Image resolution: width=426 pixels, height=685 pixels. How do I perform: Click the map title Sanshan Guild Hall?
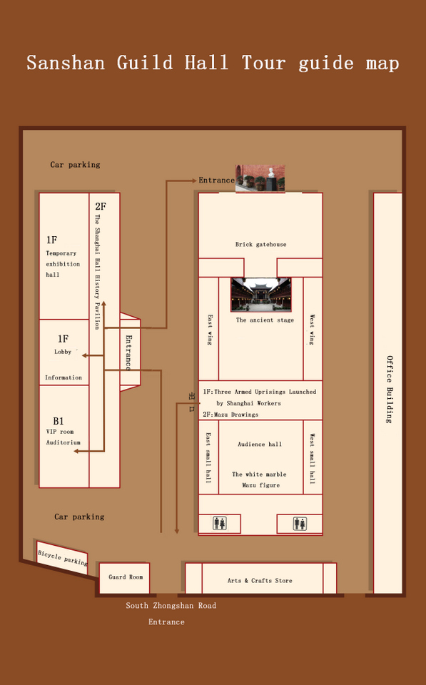pos(213,63)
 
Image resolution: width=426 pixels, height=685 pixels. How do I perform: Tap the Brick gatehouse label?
pos(260,245)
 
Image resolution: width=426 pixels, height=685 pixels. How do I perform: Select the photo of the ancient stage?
pos(260,295)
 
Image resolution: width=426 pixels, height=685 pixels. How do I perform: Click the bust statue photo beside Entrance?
pos(260,178)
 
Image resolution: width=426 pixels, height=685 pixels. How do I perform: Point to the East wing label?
pos(209,330)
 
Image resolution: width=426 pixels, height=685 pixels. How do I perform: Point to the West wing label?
pos(312,330)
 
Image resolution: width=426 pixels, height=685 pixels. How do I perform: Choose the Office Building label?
pos(390,390)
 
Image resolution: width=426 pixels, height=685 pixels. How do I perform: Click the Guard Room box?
pos(125,577)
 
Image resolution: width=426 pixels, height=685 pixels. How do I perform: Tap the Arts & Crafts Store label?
pos(260,581)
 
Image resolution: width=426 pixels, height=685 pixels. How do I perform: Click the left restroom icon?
pos(220,524)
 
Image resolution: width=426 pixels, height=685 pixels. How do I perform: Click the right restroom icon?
pos(300,524)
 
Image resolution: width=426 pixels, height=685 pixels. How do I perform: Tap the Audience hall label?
pos(260,445)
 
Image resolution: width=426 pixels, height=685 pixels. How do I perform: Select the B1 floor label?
pos(58,421)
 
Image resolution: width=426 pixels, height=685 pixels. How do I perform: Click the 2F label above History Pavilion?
pos(101,207)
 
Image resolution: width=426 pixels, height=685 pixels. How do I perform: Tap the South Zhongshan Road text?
pos(171,606)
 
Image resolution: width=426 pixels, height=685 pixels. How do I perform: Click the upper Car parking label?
pos(75,165)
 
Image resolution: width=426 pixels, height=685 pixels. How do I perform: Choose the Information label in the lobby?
pos(64,377)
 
